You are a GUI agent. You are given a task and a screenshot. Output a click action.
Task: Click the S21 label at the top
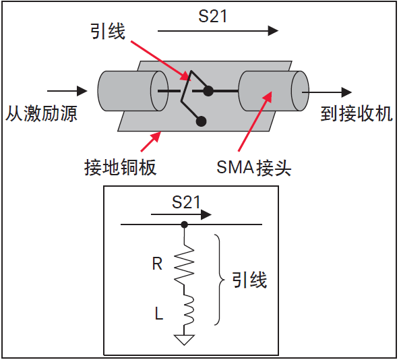(212, 15)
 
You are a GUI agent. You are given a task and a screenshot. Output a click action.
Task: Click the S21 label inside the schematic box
(187, 202)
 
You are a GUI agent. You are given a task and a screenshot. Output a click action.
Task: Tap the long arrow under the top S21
(218, 31)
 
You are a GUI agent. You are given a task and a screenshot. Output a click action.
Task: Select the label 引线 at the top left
(107, 31)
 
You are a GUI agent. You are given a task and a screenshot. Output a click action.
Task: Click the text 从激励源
(42, 113)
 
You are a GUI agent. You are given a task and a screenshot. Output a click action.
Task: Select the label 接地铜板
(121, 167)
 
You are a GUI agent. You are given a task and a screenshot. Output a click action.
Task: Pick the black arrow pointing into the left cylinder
(67, 90)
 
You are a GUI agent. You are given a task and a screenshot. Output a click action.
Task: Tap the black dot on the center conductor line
(208, 90)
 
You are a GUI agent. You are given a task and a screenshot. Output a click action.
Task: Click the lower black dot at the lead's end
(201, 121)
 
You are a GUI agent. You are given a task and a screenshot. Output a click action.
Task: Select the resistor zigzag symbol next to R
(184, 263)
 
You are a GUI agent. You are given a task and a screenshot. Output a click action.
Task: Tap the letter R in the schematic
(157, 264)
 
